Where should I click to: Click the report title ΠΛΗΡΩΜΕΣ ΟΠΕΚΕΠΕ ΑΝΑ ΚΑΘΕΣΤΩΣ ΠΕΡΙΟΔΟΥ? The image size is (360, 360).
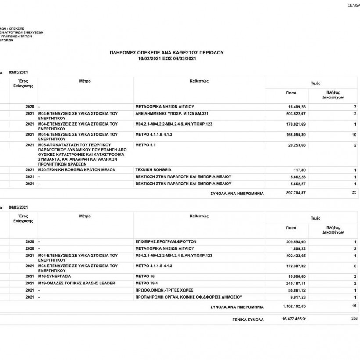166,52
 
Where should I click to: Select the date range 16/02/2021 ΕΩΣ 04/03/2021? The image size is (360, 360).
166,58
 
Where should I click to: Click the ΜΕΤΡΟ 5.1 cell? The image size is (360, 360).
146,144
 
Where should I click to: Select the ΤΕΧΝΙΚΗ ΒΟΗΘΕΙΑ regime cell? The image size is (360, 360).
153,169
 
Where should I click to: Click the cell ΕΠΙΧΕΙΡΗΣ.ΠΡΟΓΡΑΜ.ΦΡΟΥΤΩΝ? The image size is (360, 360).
166,241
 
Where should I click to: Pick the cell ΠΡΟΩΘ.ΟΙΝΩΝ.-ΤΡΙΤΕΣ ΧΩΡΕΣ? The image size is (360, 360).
165,290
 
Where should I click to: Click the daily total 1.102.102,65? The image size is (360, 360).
294,306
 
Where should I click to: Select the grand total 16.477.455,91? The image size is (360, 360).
294,319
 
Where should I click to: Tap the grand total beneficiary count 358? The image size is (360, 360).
354,319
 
